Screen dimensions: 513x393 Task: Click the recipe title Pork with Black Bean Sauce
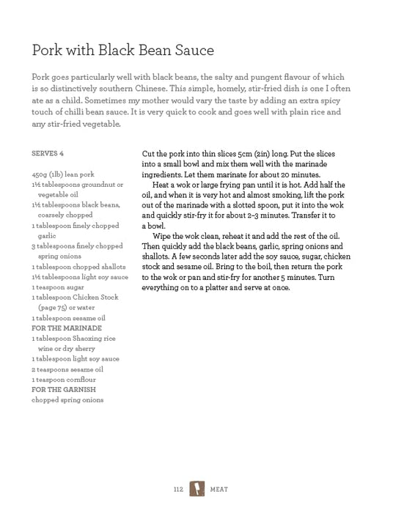coord(122,50)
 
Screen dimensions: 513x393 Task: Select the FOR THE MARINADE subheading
coord(66,328)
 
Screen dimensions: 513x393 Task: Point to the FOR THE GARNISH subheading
coord(64,390)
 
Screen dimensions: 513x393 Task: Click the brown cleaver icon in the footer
coord(196,487)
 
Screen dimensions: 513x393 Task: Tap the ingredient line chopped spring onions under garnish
coord(67,400)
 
